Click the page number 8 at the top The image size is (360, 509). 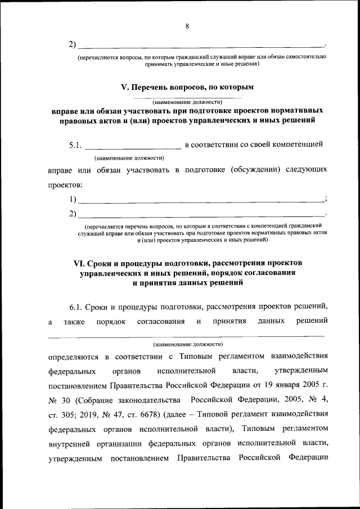tap(186, 25)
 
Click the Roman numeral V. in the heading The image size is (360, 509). tap(125, 88)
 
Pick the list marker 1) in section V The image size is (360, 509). tap(73, 199)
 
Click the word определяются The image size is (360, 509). tap(72, 356)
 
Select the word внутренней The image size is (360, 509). tap(71, 444)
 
